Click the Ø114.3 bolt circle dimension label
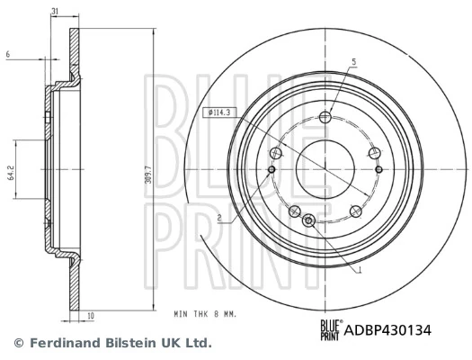[x=220, y=112]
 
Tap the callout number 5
[x=353, y=61]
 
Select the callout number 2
[x=218, y=218]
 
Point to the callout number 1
[x=360, y=269]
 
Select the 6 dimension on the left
[x=6, y=55]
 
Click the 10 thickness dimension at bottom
[x=91, y=315]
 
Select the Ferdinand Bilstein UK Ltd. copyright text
[x=112, y=343]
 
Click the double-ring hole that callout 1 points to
[x=309, y=220]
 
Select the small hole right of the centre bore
[x=378, y=168]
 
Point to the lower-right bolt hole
[x=356, y=211]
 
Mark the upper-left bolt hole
[x=276, y=152]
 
